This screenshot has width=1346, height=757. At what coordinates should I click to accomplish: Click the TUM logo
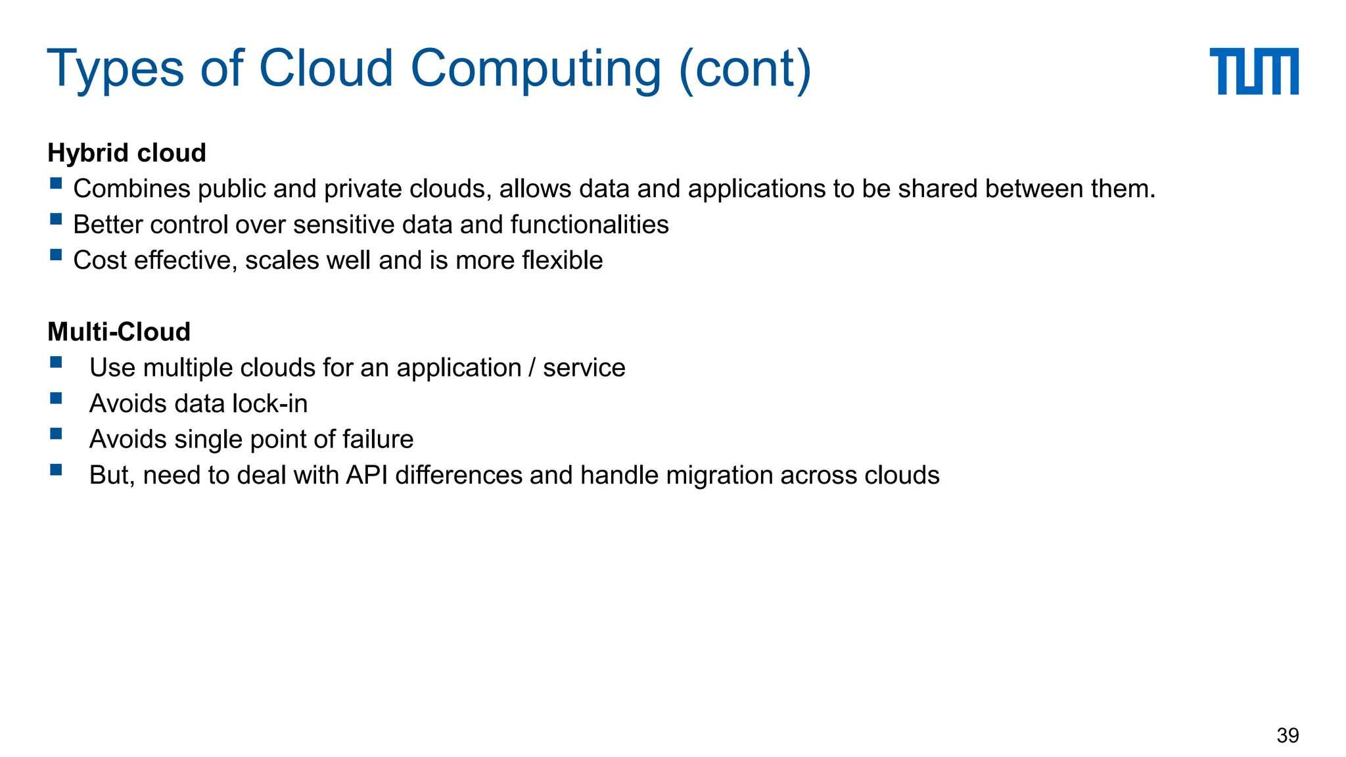tap(1253, 71)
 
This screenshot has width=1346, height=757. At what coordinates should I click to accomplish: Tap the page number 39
tap(1288, 735)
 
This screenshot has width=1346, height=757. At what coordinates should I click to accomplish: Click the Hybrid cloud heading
tap(127, 153)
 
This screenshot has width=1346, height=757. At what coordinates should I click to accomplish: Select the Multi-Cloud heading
tap(119, 332)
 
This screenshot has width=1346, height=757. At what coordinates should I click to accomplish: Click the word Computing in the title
tap(536, 68)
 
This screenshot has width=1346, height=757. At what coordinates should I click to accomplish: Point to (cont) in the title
tap(745, 68)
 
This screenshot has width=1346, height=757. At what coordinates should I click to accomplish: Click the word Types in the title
tap(116, 68)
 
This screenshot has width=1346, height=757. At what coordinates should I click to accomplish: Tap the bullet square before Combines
tap(56, 183)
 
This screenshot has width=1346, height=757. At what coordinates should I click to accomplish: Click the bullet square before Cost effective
tap(56, 255)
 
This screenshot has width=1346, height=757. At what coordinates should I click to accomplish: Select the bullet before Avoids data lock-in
tap(56, 398)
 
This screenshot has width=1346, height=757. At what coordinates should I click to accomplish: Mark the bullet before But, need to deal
tap(56, 470)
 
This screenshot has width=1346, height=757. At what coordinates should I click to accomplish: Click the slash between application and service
tap(532, 368)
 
